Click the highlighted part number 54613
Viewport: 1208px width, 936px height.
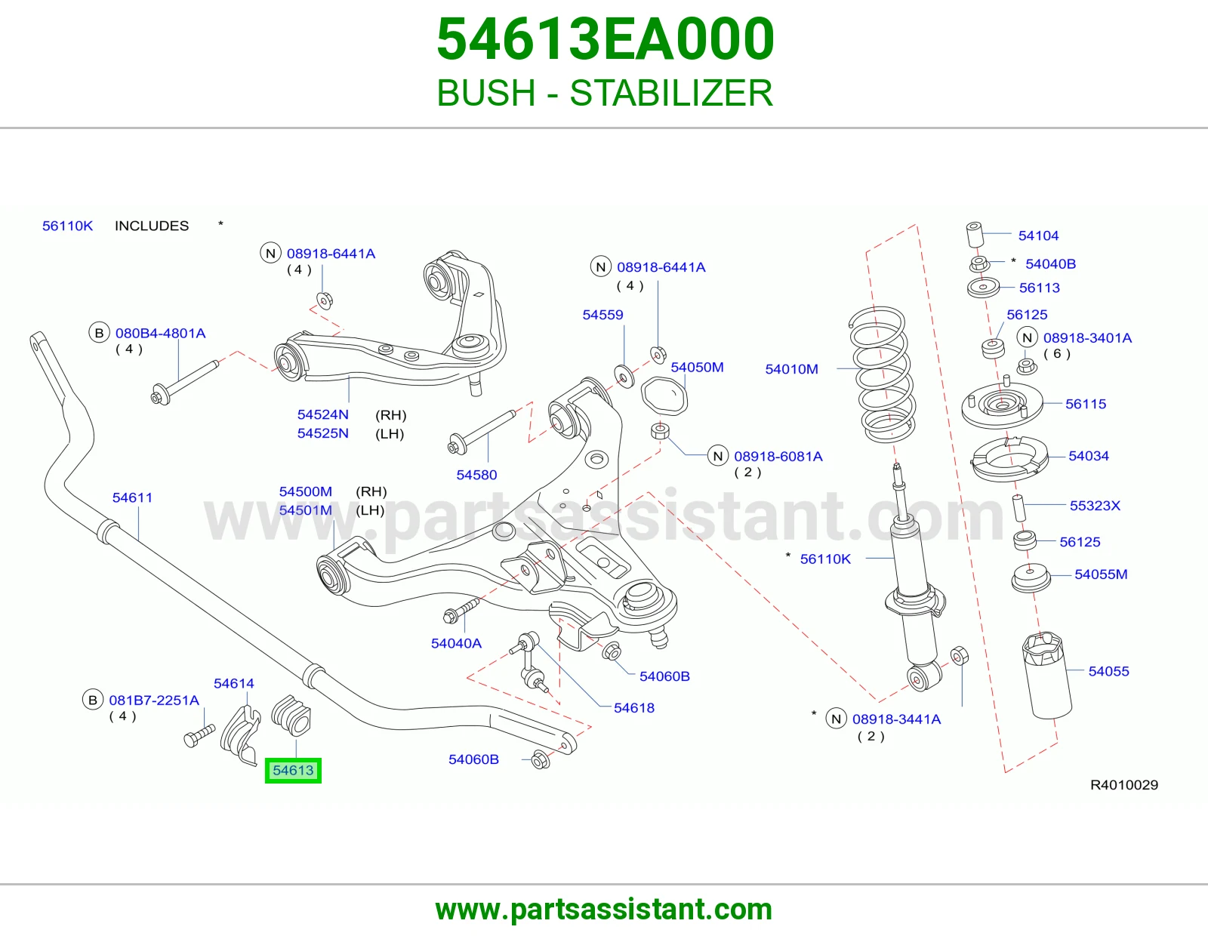[293, 771]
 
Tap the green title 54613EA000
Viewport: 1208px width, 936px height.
[606, 39]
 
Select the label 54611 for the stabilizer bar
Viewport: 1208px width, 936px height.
[132, 497]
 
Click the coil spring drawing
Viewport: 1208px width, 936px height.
[883, 375]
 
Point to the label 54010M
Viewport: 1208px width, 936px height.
[792, 369]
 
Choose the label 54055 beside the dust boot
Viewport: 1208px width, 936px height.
[1108, 671]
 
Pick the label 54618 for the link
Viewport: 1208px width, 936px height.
[633, 707]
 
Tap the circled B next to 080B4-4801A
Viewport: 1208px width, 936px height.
[99, 333]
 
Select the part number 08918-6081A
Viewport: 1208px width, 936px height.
[778, 457]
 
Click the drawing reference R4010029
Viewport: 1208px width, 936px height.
[1124, 785]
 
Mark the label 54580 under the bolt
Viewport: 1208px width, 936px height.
[476, 475]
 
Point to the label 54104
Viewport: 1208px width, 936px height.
[1038, 236]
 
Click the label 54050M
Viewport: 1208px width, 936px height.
[697, 368]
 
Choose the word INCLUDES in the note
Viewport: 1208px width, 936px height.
[152, 226]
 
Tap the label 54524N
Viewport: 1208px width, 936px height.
[323, 414]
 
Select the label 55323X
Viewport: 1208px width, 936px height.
[1096, 506]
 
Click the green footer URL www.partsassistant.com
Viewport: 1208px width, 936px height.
[604, 910]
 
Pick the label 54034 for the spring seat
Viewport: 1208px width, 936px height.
[1089, 456]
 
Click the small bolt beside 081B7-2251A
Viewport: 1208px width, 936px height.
[199, 735]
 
